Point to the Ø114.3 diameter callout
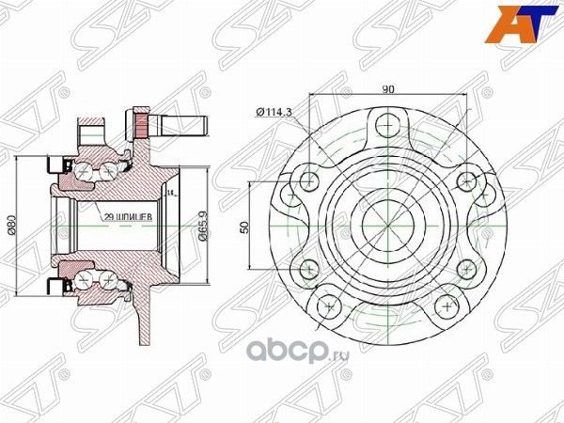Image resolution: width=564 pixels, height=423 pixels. (x=274, y=113)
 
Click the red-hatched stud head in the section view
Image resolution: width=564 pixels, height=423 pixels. (x=142, y=122)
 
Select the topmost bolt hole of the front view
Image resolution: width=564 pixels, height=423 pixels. (x=383, y=125)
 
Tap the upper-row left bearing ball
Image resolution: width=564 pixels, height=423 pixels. (x=87, y=170)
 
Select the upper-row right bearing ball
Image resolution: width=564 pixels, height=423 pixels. (x=111, y=170)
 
